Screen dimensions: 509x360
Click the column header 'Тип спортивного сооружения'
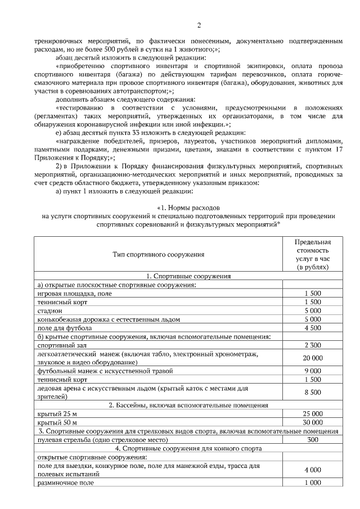(159, 255)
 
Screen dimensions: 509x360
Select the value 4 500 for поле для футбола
(313, 328)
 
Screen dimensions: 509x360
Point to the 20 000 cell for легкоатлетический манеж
(313, 358)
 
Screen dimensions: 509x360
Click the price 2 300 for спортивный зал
(313, 345)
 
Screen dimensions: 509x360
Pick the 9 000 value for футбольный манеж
(313, 371)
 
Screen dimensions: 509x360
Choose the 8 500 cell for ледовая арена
(313, 392)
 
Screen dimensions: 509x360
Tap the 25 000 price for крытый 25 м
(313, 413)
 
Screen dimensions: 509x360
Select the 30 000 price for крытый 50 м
(313, 422)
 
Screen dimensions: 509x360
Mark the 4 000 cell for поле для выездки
(313, 469)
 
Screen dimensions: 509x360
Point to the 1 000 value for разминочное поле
(313, 483)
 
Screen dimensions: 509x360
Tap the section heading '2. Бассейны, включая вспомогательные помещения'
(188, 405)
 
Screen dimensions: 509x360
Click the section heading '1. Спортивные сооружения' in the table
(188, 276)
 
